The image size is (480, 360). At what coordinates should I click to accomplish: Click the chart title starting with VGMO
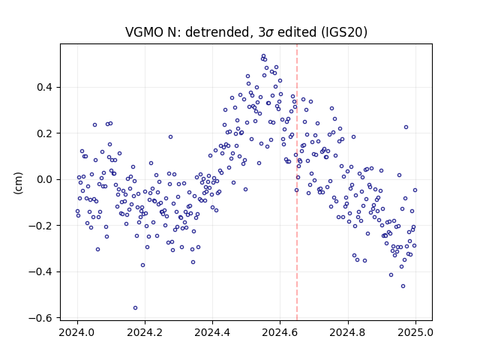coord(246,32)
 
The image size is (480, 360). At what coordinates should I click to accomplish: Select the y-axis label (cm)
coord(18,183)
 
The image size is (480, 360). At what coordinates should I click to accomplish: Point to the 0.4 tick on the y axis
coord(45,87)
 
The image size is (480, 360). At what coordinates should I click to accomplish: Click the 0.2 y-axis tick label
coord(45,133)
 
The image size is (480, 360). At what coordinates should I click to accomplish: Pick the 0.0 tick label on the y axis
coord(45,179)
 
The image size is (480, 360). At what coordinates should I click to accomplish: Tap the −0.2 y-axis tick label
coord(40,226)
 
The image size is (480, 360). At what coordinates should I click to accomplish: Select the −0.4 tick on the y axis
coord(40,271)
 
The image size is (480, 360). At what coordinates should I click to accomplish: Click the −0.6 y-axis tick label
coord(40,318)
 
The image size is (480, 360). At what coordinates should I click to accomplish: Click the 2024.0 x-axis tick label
coord(77,332)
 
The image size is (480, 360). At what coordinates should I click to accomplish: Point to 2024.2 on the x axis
coord(145,332)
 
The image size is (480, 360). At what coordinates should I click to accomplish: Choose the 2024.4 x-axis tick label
coord(212,332)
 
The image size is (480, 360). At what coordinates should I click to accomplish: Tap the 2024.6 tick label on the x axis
coord(280,332)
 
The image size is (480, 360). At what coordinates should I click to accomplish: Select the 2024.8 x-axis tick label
coord(348,332)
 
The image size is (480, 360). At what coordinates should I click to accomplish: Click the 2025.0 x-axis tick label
coord(415,332)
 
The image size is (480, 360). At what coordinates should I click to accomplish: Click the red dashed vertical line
coord(297,182)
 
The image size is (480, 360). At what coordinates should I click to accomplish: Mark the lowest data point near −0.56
coord(135,308)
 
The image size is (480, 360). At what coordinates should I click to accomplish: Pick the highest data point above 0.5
coord(263,56)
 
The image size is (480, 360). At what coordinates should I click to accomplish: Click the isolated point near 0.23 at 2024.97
coord(406,127)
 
